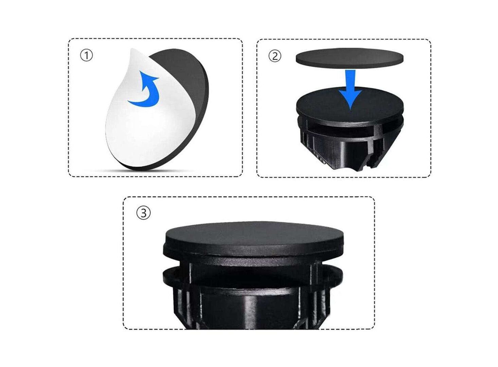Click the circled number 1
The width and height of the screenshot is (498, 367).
point(86,56)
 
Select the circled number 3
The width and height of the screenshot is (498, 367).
point(143,213)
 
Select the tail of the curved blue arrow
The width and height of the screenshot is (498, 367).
point(134,103)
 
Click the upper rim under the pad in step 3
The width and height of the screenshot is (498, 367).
point(253,254)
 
